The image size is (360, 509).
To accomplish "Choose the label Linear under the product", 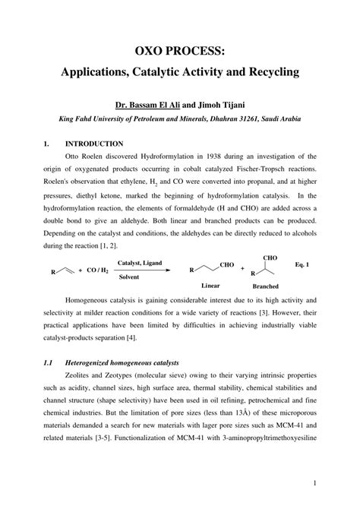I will tap(210, 286).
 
